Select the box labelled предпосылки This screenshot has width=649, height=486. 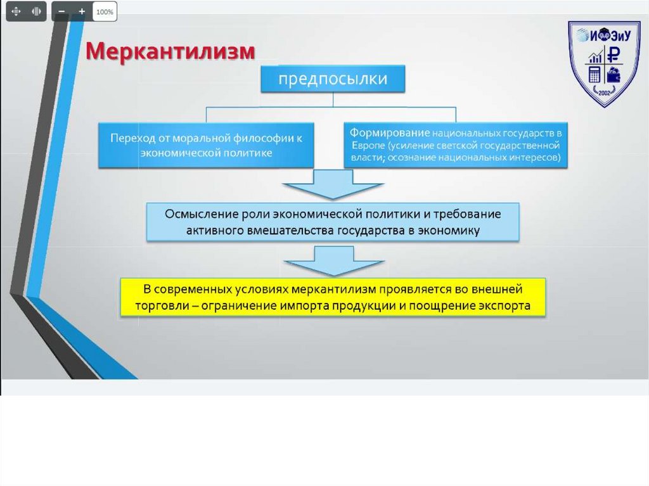tap(333, 79)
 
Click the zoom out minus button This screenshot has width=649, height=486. tap(61, 11)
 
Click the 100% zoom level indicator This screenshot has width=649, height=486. tap(105, 11)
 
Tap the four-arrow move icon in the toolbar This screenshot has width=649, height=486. tap(16, 11)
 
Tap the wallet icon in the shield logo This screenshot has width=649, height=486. tap(615, 74)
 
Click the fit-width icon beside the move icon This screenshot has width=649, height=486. tap(36, 11)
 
